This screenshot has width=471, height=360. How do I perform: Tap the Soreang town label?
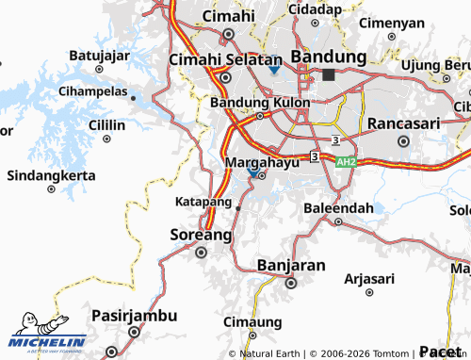(x=200, y=234)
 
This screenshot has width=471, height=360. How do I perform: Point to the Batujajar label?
(x=98, y=55)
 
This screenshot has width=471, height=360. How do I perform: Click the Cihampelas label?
(x=93, y=91)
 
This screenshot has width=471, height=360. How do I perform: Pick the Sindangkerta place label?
(x=51, y=175)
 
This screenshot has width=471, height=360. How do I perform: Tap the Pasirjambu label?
(x=133, y=315)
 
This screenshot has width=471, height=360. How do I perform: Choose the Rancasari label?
(x=403, y=124)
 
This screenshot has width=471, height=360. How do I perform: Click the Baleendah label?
(x=338, y=207)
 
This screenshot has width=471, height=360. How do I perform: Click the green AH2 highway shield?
(x=346, y=162)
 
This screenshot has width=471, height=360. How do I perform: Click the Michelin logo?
(x=48, y=333)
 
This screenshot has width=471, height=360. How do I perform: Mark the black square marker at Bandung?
(x=328, y=74)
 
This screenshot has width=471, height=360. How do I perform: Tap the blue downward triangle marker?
(x=273, y=70)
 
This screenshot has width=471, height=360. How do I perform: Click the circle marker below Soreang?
(x=200, y=252)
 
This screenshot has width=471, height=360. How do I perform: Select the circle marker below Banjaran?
(x=291, y=283)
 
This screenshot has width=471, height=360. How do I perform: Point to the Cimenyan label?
(x=392, y=22)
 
